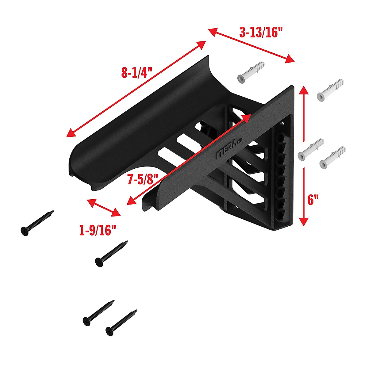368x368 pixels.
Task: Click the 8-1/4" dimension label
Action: pyautogui.click(x=137, y=73)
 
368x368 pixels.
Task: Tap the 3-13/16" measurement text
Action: pyautogui.click(x=261, y=32)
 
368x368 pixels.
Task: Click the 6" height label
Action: pyautogui.click(x=313, y=200)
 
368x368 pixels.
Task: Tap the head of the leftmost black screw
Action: pyautogui.click(x=25, y=231)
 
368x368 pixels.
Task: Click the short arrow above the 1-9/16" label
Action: pyautogui.click(x=104, y=208)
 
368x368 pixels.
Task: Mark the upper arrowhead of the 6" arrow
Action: pyautogui.click(x=303, y=90)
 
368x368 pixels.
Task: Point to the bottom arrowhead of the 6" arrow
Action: pyautogui.click(x=303, y=221)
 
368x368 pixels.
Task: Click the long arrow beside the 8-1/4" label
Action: pyautogui.click(x=136, y=89)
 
